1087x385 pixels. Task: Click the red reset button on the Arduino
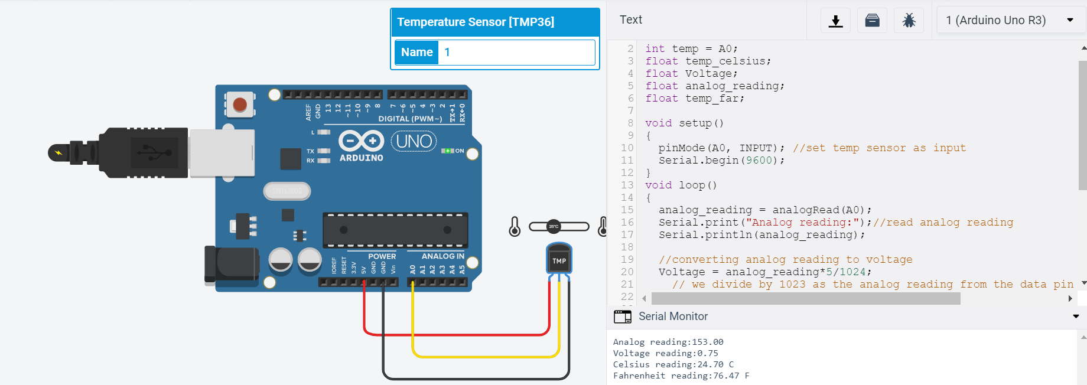click(239, 105)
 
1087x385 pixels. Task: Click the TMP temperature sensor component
click(559, 260)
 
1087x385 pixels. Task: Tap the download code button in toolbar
click(835, 21)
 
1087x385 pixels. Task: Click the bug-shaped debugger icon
click(909, 21)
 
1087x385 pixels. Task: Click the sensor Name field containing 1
click(515, 52)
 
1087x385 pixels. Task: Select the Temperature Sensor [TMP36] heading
click(476, 22)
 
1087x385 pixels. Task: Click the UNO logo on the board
click(414, 142)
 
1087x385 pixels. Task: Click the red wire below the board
click(455, 335)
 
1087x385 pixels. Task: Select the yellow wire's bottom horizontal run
click(484, 357)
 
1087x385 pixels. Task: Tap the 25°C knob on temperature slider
click(554, 226)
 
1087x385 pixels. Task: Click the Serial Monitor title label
click(673, 317)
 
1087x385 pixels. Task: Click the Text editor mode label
click(630, 20)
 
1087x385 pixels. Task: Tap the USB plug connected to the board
click(142, 152)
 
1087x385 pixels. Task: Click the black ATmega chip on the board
click(395, 230)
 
